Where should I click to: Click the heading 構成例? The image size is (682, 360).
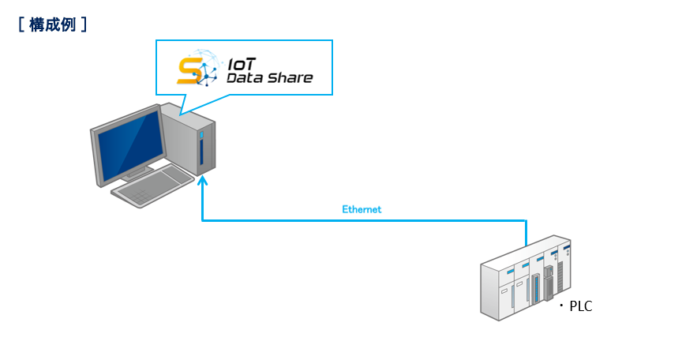click(52, 24)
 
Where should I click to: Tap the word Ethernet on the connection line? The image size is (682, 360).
click(362, 209)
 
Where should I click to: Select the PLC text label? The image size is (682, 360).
click(581, 306)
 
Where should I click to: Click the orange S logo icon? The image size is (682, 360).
click(190, 71)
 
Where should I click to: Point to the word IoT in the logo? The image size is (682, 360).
click(242, 65)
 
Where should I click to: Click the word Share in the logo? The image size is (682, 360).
click(290, 78)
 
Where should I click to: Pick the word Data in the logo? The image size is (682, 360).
click(245, 78)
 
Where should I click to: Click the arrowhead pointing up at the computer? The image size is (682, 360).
click(202, 180)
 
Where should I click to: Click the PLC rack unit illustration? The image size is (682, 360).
click(526, 278)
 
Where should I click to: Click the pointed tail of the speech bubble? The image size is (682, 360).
click(181, 114)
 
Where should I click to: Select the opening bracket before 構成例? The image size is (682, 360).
click(21, 24)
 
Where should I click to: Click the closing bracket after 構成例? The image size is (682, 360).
click(84, 24)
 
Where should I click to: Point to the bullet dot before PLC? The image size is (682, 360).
click(561, 306)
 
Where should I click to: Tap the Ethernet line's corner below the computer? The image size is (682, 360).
click(202, 220)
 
